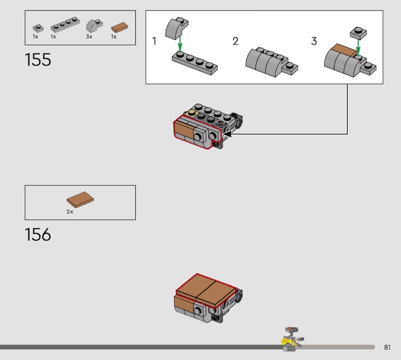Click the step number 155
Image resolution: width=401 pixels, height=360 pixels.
(38, 60)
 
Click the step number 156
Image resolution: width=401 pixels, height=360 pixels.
(38, 234)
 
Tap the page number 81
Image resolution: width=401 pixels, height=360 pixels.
(387, 347)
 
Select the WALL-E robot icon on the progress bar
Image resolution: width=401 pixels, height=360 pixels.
(292, 339)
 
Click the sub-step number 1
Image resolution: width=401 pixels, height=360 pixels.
(154, 41)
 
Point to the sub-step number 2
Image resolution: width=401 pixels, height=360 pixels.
(236, 41)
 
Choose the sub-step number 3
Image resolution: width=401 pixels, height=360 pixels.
(314, 41)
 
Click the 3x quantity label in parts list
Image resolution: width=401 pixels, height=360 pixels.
(89, 37)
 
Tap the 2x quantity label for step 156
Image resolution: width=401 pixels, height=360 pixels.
(70, 212)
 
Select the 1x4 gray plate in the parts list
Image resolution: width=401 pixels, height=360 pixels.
(65, 25)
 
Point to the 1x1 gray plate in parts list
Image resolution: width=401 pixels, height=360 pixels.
(38, 28)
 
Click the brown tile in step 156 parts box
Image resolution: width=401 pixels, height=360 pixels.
(80, 200)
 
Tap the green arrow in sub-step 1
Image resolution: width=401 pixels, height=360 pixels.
(180, 44)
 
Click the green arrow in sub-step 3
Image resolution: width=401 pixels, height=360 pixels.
(358, 47)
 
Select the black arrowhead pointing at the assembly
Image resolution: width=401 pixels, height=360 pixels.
(228, 134)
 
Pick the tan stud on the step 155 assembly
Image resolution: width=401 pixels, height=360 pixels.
(192, 114)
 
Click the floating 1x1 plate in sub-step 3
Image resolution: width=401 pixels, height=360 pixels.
(358, 34)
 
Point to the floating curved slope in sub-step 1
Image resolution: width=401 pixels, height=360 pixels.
(176, 28)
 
